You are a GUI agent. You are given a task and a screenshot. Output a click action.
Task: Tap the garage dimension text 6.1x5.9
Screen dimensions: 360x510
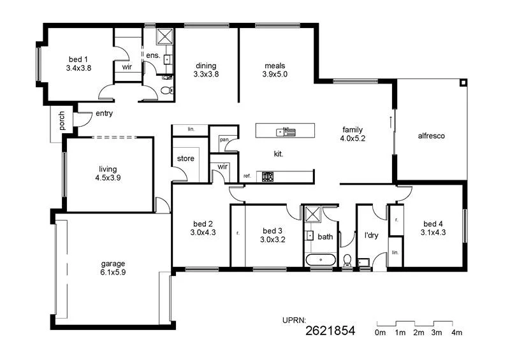click(113, 272)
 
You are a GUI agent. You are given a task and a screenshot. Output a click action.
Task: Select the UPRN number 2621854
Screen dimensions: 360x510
click(330, 330)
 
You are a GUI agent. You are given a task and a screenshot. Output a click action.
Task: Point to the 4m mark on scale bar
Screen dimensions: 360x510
click(457, 333)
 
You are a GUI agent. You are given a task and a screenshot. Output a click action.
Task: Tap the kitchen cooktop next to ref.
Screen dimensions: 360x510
click(268, 176)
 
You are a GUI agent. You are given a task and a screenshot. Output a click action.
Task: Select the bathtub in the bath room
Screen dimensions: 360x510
click(321, 260)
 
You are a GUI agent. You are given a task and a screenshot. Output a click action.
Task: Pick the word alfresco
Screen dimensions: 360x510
click(431, 136)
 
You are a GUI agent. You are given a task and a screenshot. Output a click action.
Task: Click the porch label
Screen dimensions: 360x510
click(62, 121)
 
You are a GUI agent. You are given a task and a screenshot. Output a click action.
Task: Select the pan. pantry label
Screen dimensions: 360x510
click(224, 139)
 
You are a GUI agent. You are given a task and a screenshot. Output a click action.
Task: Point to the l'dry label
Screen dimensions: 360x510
click(371, 236)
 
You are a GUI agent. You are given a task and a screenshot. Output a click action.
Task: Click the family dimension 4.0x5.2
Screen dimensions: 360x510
click(353, 138)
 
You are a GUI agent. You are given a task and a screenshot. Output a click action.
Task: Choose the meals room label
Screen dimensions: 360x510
click(275, 66)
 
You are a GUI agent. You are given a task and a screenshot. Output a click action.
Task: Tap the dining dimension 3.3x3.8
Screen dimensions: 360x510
click(206, 74)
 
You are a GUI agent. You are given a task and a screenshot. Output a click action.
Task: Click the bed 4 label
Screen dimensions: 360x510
click(433, 224)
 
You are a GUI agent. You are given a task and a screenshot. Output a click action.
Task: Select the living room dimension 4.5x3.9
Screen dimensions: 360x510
click(106, 178)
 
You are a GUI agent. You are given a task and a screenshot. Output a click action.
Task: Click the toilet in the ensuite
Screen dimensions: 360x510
click(168, 90)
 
